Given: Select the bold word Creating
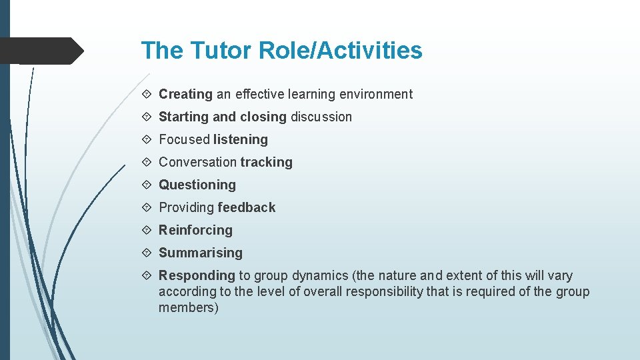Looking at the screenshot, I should point(185,95).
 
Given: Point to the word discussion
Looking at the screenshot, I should point(321,117).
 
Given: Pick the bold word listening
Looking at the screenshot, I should point(241,140).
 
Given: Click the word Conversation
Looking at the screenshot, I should point(197,163).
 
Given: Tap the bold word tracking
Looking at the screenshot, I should point(267,163).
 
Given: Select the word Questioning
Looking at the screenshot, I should point(197,185).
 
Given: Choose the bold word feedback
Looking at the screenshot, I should point(246,208).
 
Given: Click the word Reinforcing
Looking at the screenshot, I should point(195,231).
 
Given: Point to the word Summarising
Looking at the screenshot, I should point(201,253).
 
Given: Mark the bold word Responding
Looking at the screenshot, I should point(197,276).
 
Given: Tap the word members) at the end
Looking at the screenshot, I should point(189,308).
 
